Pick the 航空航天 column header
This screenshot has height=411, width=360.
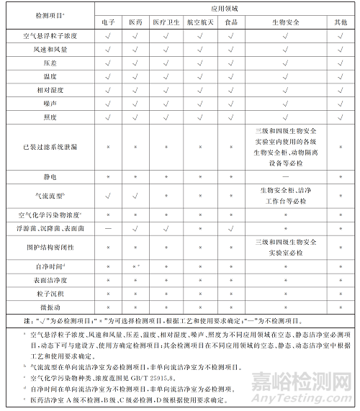click(196, 23)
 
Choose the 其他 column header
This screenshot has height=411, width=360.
click(341, 23)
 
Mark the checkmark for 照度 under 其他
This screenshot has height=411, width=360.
click(341, 117)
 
